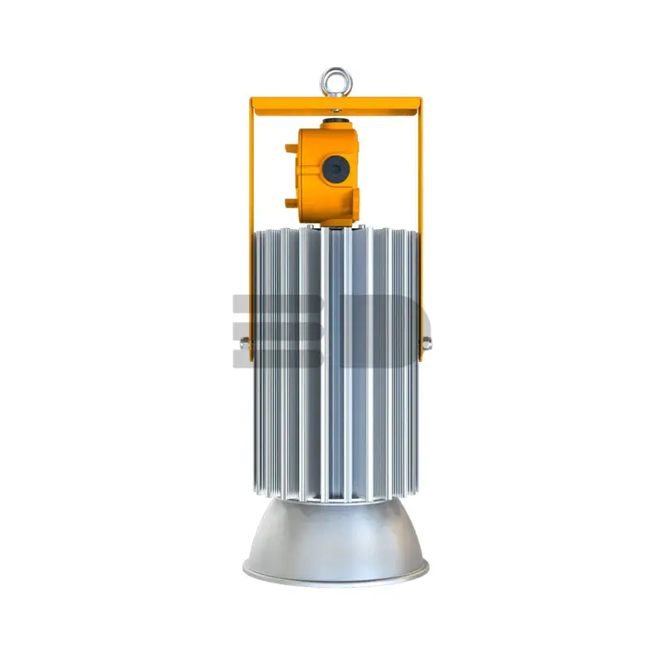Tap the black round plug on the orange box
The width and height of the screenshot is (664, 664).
pos(336,169)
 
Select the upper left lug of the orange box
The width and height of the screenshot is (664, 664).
pos(291,149)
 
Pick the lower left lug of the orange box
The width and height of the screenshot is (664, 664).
pos(291,203)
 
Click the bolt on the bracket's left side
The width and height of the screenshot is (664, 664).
pos(245,343)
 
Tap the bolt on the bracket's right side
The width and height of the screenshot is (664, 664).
pos(427,343)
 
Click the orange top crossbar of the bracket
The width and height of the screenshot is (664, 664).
pos(336,106)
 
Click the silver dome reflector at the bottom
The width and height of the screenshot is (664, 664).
pos(336,542)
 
